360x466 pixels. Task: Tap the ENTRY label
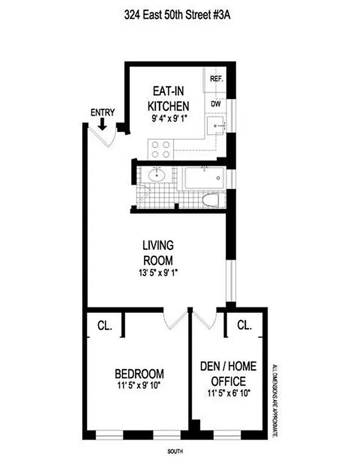(103, 113)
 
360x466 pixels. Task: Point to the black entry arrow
(103, 124)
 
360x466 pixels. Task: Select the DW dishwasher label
(216, 104)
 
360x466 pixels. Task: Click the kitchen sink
(216, 125)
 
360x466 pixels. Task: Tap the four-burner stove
(160, 150)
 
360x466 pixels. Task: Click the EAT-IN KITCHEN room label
(168, 99)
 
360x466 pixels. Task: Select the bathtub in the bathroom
(204, 178)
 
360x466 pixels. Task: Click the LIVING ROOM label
(158, 252)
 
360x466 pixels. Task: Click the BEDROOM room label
(139, 373)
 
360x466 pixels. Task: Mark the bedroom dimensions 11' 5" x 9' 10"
(139, 385)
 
